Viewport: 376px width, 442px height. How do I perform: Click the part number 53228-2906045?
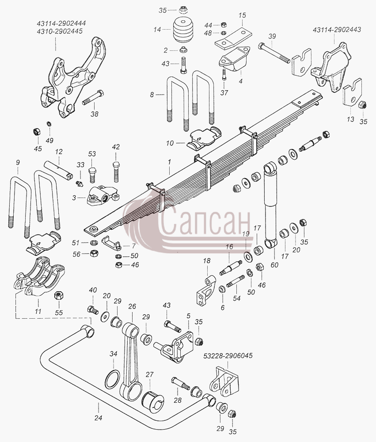tap(228, 356)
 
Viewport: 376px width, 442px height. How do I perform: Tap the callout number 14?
tap(157, 29)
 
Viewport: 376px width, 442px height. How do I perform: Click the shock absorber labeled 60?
tap(271, 205)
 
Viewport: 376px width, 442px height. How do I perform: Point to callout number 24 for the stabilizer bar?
tap(98, 418)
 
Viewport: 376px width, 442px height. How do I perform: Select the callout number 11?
tap(38, 311)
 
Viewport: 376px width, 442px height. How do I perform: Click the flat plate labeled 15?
tap(234, 38)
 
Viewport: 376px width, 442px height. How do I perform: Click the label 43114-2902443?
tap(337, 30)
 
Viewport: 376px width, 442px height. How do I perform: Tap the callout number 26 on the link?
tap(132, 306)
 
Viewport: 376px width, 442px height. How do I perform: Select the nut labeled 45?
tap(37, 131)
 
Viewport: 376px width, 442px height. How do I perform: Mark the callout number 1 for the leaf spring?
tap(169, 162)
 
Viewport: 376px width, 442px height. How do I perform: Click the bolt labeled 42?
tap(116, 172)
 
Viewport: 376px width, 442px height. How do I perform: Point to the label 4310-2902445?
tap(60, 31)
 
